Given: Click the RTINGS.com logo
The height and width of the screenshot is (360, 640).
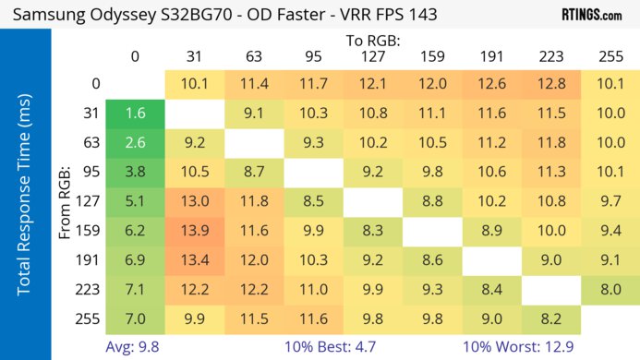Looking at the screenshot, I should click(591, 15).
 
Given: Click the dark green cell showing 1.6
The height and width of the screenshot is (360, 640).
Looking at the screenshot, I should click(135, 114).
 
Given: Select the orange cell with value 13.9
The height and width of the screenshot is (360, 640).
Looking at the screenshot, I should click(194, 229).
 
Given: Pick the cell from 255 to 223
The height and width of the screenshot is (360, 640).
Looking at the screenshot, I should click(550, 317).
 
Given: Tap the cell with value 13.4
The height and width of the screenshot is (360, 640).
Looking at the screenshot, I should click(194, 258).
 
